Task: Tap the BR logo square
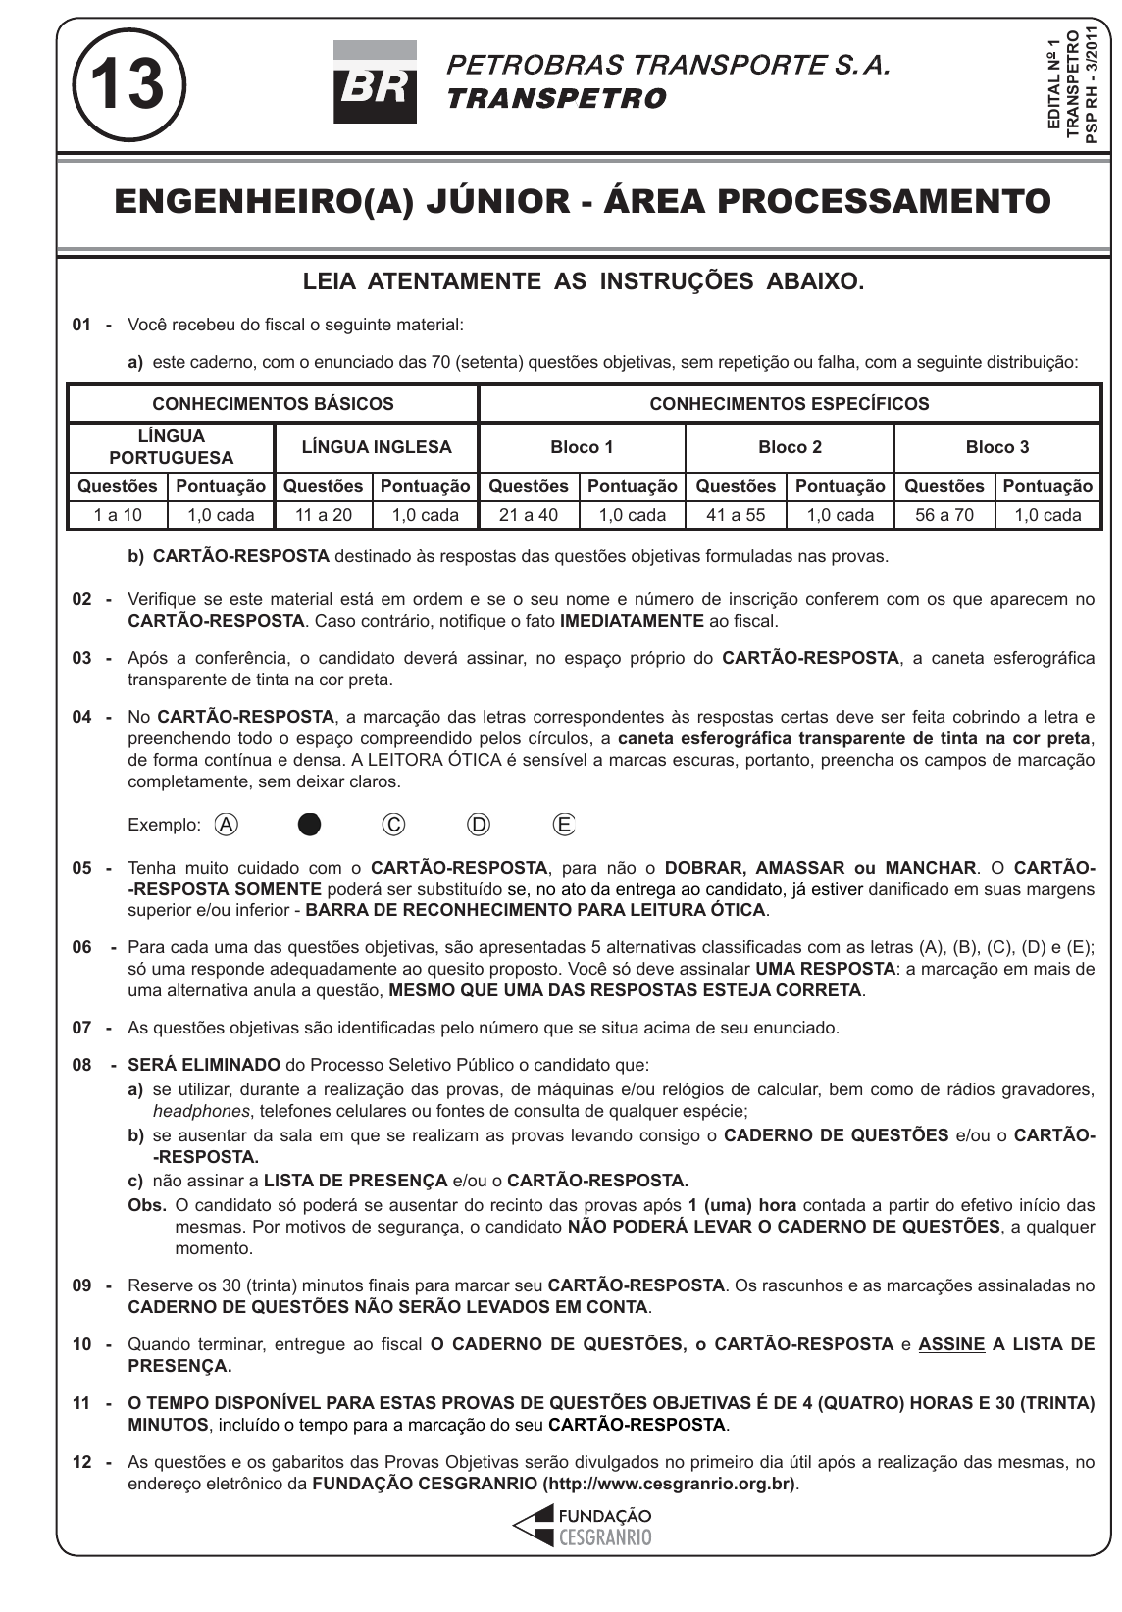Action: [375, 82]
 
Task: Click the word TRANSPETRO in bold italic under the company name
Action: [556, 98]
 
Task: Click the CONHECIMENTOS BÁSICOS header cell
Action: [273, 404]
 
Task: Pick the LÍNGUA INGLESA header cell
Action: [377, 447]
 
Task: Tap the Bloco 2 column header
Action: [790, 447]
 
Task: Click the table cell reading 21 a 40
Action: [529, 515]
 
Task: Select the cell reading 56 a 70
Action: [944, 515]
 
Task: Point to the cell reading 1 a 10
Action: [118, 515]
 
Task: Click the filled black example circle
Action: [309, 825]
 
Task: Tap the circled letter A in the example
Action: [226, 825]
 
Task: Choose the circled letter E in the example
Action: [564, 825]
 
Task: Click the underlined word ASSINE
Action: [951, 1344]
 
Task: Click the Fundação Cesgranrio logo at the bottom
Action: [583, 1528]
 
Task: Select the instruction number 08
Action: [82, 1065]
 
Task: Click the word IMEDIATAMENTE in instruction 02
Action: [631, 621]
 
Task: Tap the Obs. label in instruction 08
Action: [147, 1205]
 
